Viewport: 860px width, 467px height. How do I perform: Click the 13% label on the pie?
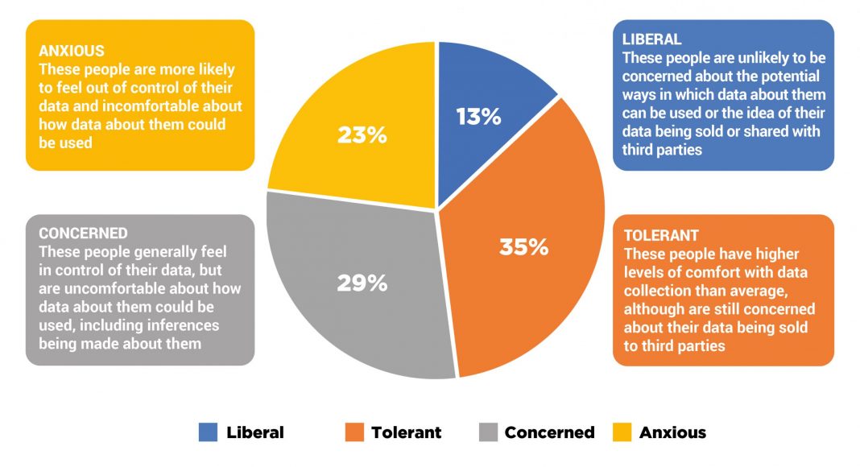pyautogui.click(x=478, y=117)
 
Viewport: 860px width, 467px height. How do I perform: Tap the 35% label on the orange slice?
pyautogui.click(x=523, y=246)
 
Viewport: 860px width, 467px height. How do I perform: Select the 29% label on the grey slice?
pyautogui.click(x=362, y=283)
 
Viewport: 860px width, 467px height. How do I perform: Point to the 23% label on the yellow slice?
pyautogui.click(x=362, y=134)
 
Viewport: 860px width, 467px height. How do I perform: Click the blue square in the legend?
pyautogui.click(x=208, y=432)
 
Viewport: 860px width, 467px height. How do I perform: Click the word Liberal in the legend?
pyautogui.click(x=255, y=432)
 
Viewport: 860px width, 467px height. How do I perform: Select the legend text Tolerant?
pyautogui.click(x=406, y=432)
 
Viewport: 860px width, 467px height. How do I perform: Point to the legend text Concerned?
pyautogui.click(x=549, y=432)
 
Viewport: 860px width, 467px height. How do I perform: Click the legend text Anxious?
pyautogui.click(x=672, y=432)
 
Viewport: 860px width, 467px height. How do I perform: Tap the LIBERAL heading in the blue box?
pyautogui.click(x=652, y=39)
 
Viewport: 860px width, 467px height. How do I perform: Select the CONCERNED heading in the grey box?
pyautogui.click(x=83, y=233)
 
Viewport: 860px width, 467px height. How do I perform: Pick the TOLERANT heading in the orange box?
pyautogui.click(x=661, y=236)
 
